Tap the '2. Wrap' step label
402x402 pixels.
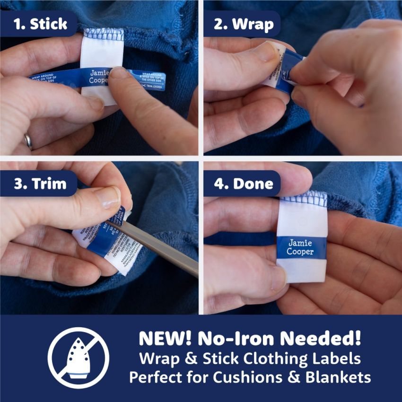(x=241, y=25)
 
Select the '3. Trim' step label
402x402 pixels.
(x=40, y=184)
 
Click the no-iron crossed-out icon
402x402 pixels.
(x=79, y=358)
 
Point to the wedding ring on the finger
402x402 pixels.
(x=28, y=141)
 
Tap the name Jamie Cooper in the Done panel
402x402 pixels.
(x=301, y=247)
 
